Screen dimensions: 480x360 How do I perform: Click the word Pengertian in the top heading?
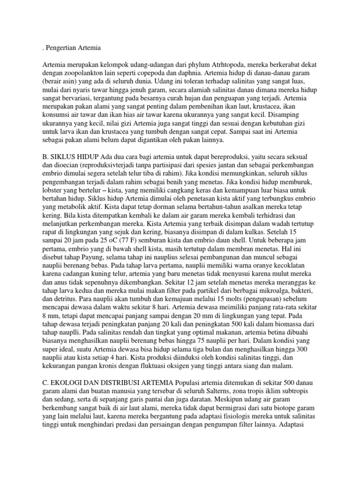(x=62, y=47)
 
